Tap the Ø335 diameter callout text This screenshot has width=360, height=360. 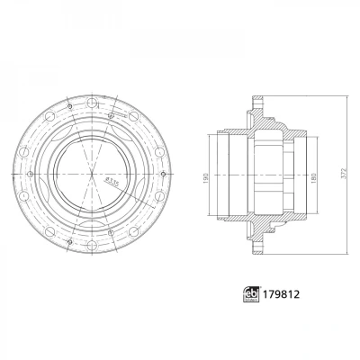point(111,183)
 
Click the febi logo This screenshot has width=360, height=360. point(251,294)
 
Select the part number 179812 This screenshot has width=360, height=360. point(281,294)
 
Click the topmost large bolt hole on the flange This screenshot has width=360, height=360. point(91,102)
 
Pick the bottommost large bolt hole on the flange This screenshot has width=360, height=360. point(91,247)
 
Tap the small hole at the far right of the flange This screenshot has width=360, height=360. point(163,174)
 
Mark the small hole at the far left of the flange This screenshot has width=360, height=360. point(30,174)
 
